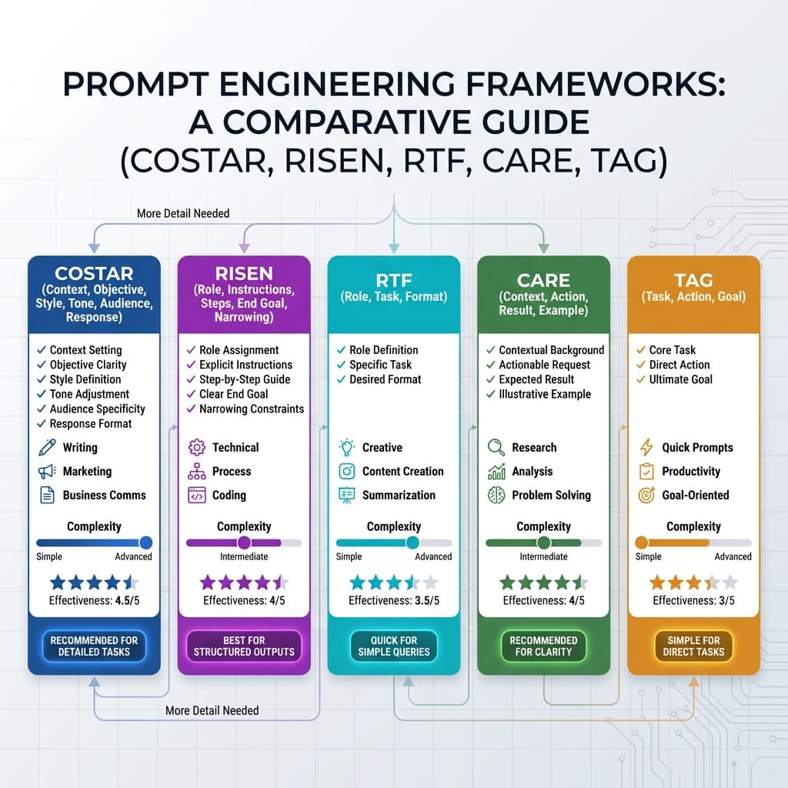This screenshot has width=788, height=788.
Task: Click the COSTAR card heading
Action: pyautogui.click(x=94, y=273)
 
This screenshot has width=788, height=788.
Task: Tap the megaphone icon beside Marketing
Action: pyautogui.click(x=46, y=472)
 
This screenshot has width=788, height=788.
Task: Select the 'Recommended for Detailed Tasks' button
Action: pyautogui.click(x=94, y=646)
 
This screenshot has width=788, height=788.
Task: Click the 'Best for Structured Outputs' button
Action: pyautogui.click(x=244, y=646)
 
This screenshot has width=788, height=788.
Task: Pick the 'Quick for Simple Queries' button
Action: pyautogui.click(x=394, y=646)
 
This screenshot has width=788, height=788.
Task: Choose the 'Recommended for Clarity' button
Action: pyautogui.click(x=544, y=646)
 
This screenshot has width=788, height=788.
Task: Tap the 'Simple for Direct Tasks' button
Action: pyautogui.click(x=693, y=646)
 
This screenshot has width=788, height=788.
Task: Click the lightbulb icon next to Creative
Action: pyautogui.click(x=346, y=448)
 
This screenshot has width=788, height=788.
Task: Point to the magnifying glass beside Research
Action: pyautogui.click(x=496, y=448)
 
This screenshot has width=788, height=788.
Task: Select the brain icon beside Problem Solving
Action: pyautogui.click(x=496, y=496)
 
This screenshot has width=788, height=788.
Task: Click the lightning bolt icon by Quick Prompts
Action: pyautogui.click(x=646, y=448)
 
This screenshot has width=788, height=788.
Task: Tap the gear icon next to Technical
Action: pyautogui.click(x=196, y=448)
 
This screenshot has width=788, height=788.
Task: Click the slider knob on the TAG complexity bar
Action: pyautogui.click(x=642, y=543)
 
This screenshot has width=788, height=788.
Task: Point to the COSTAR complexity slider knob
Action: pyautogui.click(x=145, y=543)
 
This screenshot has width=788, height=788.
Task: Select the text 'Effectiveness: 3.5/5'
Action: pyautogui.click(x=393, y=601)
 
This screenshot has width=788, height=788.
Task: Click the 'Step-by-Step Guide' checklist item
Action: pyautogui.click(x=245, y=379)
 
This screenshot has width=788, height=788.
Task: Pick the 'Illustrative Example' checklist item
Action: pyautogui.click(x=545, y=394)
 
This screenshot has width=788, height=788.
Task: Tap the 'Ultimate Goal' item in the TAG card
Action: pyautogui.click(x=681, y=379)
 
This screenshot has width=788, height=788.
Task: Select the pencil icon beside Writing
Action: pyautogui.click(x=46, y=448)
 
